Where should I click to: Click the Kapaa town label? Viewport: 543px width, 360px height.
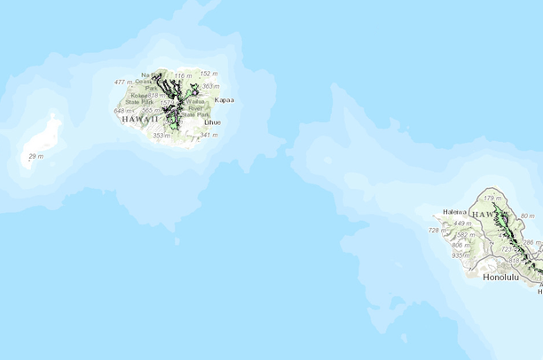click(224, 101)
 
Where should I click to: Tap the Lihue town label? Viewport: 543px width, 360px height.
click(213, 122)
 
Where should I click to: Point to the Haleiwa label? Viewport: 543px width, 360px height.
click(454, 212)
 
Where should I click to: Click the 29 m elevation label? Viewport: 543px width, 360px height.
click(35, 157)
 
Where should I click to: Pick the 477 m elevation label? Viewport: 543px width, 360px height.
click(123, 82)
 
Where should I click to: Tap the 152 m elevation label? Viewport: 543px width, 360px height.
click(209, 74)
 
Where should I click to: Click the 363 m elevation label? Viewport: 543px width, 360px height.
click(210, 87)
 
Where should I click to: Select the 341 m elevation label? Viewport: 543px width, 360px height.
click(209, 135)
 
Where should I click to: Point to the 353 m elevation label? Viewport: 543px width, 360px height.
click(161, 136)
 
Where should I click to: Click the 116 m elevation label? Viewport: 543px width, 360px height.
click(183, 77)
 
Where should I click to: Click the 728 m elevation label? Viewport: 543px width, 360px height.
click(437, 231)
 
